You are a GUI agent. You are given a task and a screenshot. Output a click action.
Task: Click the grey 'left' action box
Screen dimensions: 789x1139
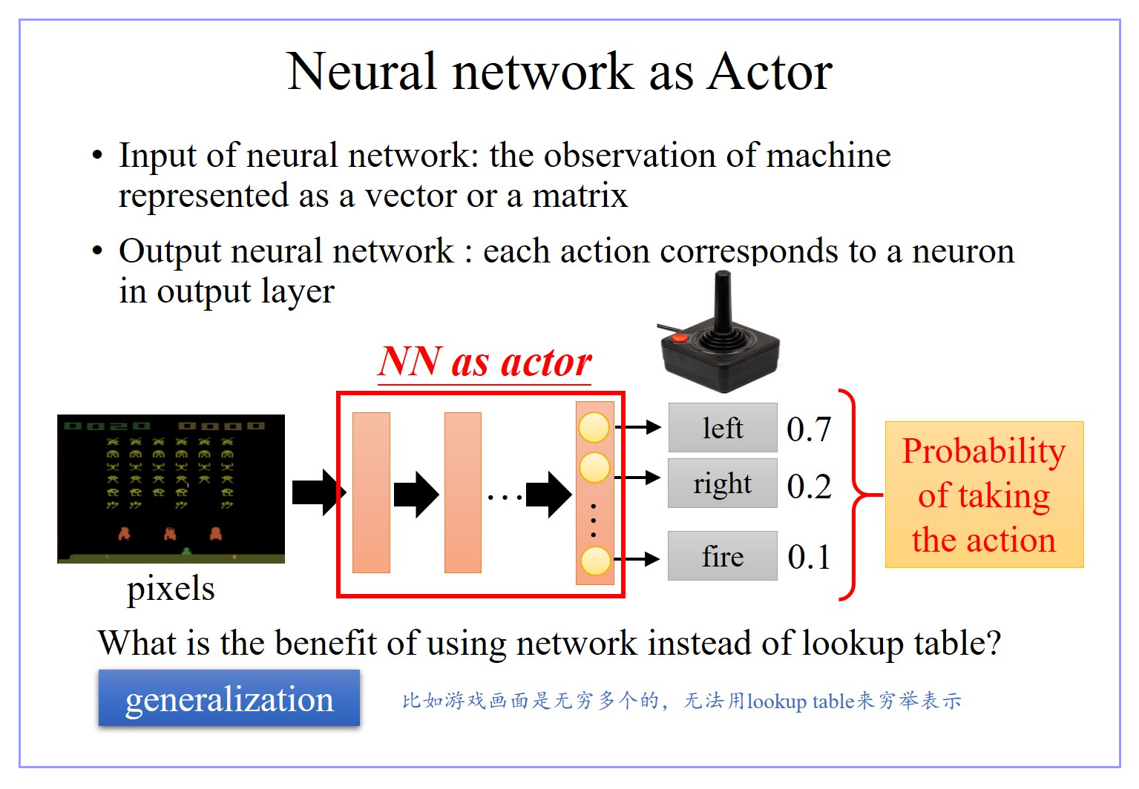click(x=722, y=428)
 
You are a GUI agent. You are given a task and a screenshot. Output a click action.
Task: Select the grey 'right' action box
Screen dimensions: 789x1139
click(x=722, y=483)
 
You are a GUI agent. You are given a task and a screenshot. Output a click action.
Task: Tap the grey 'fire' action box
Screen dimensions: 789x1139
click(x=722, y=556)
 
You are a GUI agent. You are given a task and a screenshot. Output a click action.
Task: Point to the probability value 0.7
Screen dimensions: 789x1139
click(x=809, y=429)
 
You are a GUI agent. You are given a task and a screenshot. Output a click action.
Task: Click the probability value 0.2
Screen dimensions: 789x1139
click(x=809, y=486)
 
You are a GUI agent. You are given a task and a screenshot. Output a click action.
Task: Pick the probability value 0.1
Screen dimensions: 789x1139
click(x=809, y=557)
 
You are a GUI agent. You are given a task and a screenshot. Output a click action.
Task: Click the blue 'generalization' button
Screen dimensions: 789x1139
click(x=229, y=699)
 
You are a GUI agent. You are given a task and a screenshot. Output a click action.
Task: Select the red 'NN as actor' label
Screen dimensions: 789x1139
click(x=485, y=363)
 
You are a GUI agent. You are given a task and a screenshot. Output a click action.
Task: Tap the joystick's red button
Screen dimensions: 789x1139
click(x=679, y=338)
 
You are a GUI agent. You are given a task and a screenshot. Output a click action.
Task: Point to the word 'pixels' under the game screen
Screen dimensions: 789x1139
click(x=171, y=589)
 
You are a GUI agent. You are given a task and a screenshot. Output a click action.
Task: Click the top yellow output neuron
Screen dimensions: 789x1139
click(x=594, y=427)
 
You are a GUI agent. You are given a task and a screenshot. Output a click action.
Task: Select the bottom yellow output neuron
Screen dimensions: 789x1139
click(x=595, y=561)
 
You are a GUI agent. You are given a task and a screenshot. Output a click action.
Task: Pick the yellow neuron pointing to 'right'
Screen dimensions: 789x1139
click(x=594, y=468)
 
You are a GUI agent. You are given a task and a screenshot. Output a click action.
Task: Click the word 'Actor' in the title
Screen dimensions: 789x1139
click(x=769, y=72)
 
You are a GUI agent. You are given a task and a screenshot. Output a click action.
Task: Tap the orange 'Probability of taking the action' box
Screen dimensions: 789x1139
click(x=984, y=495)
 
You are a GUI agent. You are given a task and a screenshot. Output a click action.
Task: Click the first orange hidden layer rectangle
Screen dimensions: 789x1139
click(x=371, y=492)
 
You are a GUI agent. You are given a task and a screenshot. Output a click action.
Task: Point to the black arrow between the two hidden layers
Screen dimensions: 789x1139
click(x=416, y=494)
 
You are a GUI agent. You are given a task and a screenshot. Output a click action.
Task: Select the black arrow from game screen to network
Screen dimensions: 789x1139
click(x=318, y=492)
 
